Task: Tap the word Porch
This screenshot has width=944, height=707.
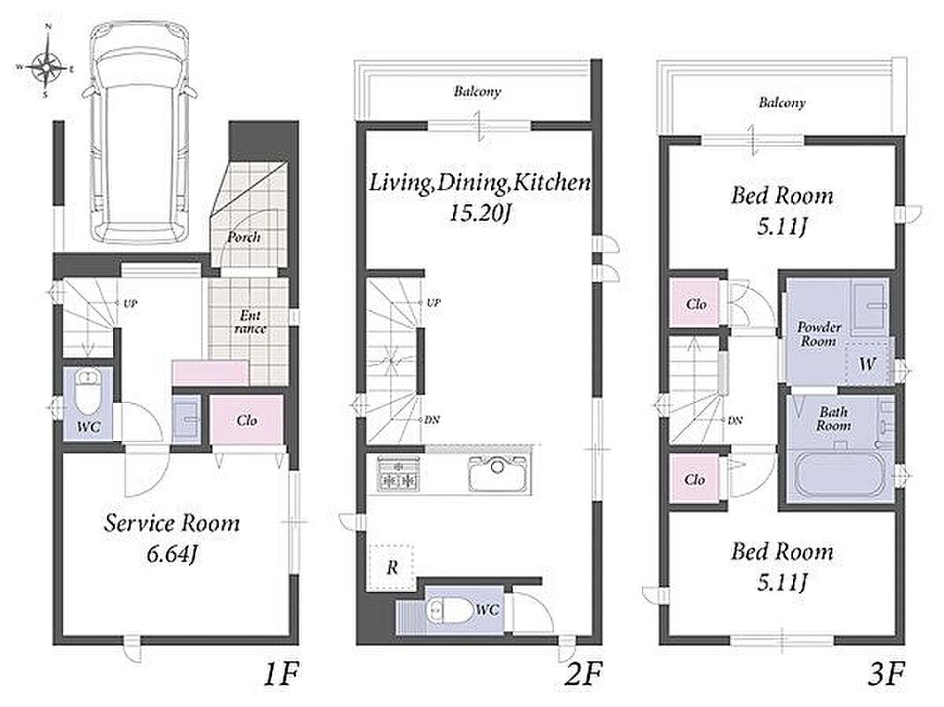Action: click(244, 237)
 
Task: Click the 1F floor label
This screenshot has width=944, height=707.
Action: click(282, 673)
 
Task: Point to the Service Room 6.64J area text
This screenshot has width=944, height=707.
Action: click(171, 538)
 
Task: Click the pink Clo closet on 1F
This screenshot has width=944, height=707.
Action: click(247, 420)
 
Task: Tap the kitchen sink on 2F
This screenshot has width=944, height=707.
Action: click(498, 472)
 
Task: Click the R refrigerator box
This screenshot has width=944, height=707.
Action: click(390, 567)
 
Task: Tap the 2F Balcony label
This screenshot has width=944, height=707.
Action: click(478, 92)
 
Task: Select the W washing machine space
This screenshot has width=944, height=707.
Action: click(867, 363)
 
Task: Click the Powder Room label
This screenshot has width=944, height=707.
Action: click(819, 334)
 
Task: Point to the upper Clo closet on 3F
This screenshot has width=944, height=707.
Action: click(695, 304)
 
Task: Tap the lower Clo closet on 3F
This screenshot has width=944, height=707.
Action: click(695, 479)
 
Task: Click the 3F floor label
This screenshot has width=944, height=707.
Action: click(887, 673)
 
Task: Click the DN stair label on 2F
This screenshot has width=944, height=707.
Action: click(432, 420)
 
